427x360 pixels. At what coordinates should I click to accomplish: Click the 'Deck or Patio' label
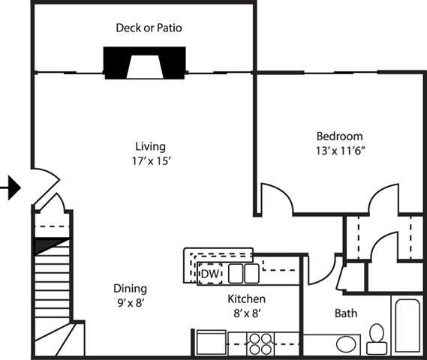click(149, 28)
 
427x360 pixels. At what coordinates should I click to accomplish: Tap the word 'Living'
click(150, 146)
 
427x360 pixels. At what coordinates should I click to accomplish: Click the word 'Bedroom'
click(339, 136)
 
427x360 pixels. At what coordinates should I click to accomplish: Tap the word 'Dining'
click(130, 289)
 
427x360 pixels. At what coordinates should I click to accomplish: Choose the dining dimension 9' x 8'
click(130, 303)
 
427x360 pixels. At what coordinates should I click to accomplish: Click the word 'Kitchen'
click(247, 298)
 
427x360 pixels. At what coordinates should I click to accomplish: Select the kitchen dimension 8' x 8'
click(247, 313)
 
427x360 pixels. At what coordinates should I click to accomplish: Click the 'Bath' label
click(346, 313)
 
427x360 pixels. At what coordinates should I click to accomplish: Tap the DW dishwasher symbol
click(210, 274)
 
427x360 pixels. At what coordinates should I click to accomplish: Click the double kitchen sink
click(243, 273)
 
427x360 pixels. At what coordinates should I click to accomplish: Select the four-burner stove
click(262, 343)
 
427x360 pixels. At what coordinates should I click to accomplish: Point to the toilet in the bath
click(377, 339)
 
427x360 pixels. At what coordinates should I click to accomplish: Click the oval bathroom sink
click(347, 344)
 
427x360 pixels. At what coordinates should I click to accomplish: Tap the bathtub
click(407, 327)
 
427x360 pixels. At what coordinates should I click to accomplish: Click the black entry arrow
click(11, 187)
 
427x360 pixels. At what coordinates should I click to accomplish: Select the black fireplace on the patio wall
click(144, 63)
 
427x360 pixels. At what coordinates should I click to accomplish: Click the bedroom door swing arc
click(276, 196)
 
